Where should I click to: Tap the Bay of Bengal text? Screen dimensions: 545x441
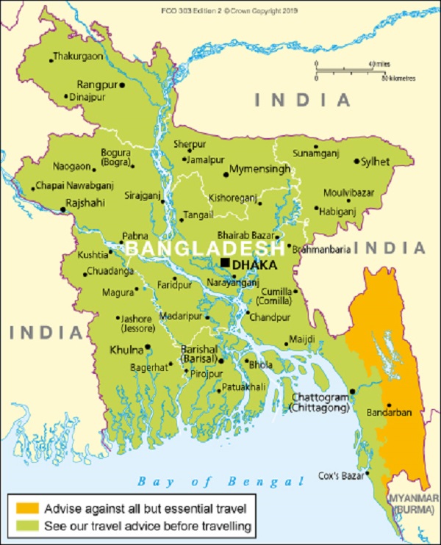pos(220,482)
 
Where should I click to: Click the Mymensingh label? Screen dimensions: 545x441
pos(259,169)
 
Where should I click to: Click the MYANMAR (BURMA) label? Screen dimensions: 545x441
pos(415,502)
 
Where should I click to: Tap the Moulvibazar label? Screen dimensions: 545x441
pos(348,192)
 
